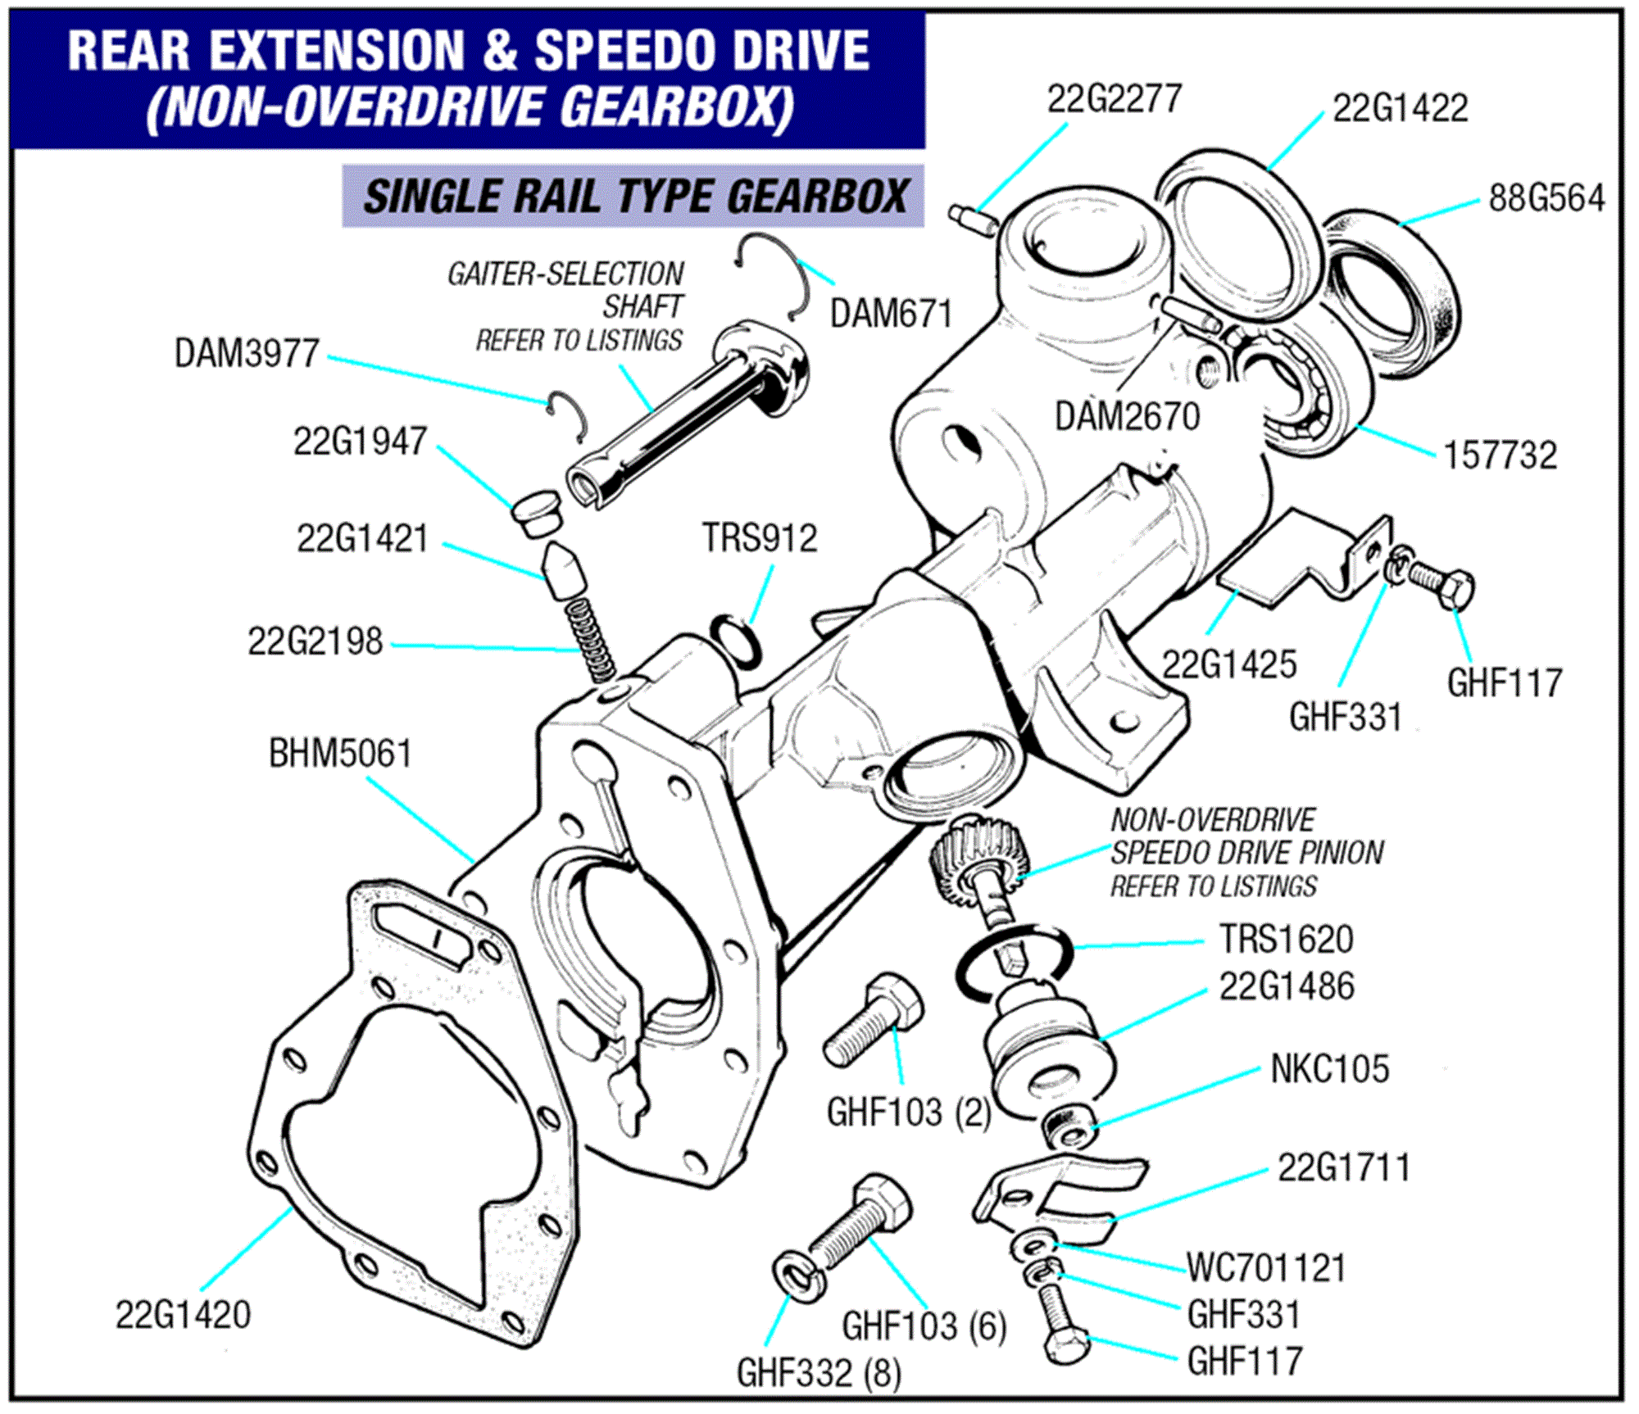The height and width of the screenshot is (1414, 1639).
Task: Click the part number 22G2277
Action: pyautogui.click(x=1114, y=99)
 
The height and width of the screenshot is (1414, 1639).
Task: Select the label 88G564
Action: pyautogui.click(x=1546, y=199)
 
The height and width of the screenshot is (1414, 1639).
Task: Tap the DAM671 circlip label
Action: pyautogui.click(x=891, y=315)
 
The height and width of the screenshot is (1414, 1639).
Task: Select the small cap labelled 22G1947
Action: pyautogui.click(x=538, y=514)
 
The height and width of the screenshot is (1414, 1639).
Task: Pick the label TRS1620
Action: pyautogui.click(x=1286, y=940)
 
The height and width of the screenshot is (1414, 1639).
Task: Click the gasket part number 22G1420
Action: pyautogui.click(x=183, y=1315)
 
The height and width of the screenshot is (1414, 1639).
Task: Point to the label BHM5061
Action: pyautogui.click(x=340, y=754)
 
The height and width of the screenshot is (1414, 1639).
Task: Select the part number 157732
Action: pyautogui.click(x=1499, y=456)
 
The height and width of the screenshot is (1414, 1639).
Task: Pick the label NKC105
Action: pyautogui.click(x=1329, y=1069)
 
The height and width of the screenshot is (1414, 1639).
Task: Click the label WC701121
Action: pyautogui.click(x=1266, y=1267)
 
